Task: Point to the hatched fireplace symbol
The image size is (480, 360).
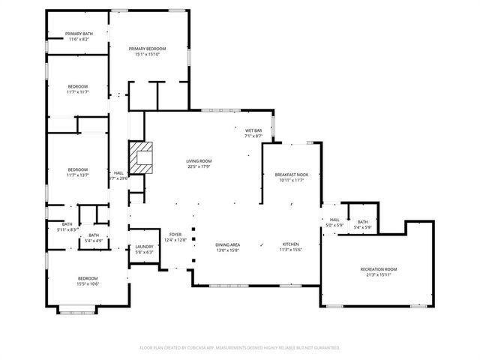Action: pyautogui.click(x=141, y=157)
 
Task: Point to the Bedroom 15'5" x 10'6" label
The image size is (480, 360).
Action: pyautogui.click(x=78, y=280)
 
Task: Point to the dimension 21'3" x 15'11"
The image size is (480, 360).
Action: pyautogui.click(x=378, y=274)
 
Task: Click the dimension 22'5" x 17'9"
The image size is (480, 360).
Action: pyautogui.click(x=199, y=166)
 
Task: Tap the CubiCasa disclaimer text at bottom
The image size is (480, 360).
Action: pyautogui.click(x=240, y=348)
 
